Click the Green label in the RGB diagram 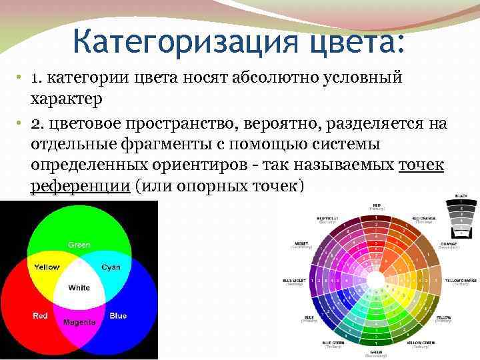point(79,245)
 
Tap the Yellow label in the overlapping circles point(47,267)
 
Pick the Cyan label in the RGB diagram point(111,267)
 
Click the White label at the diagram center point(79,288)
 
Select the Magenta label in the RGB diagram point(79,322)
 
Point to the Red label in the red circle point(40,315)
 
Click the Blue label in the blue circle point(118,315)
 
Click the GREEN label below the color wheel point(377,353)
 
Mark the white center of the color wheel point(377,279)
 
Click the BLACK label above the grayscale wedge point(461,196)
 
